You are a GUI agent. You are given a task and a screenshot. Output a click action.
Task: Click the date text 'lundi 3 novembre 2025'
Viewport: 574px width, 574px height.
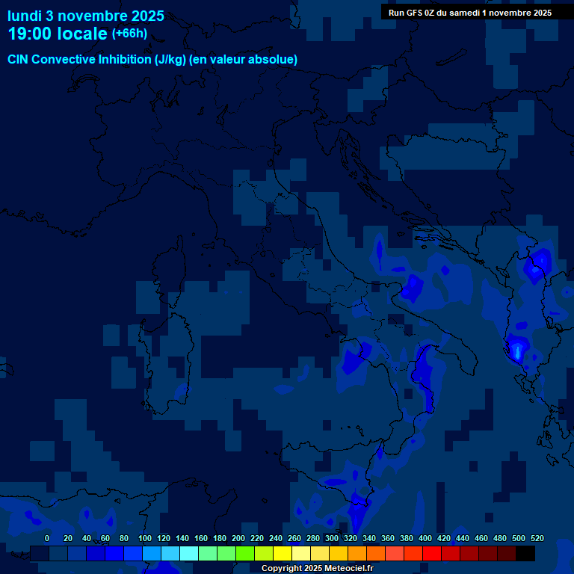(x=86, y=16)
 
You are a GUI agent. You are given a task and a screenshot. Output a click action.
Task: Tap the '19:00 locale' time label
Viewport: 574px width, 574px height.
(x=58, y=34)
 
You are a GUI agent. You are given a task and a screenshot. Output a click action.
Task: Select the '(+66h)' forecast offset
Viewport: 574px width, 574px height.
(x=129, y=34)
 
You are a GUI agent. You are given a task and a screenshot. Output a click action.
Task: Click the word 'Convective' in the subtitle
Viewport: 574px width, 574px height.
(x=65, y=60)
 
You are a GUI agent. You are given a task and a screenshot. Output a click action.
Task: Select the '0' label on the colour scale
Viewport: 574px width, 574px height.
(x=47, y=538)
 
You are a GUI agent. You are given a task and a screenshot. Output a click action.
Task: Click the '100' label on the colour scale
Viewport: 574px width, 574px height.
(x=145, y=538)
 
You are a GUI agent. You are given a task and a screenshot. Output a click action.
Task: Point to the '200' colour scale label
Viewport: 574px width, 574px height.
(x=238, y=538)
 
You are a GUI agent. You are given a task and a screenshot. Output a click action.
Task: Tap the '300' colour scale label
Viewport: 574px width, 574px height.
(x=332, y=538)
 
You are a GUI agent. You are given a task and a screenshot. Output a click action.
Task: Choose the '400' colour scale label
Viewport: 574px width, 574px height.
(x=425, y=538)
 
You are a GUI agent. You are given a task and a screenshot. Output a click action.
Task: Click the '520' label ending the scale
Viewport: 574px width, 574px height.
(x=537, y=538)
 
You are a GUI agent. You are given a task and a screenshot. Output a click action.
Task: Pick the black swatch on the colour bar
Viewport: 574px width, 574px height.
(x=525, y=554)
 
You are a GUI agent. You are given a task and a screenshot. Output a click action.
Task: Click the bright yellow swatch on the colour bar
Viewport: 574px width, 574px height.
(x=283, y=554)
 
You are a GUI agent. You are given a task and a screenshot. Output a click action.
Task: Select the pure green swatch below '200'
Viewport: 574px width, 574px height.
(x=245, y=554)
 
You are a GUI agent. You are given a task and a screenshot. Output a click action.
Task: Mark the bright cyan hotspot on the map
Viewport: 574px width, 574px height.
(x=516, y=349)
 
